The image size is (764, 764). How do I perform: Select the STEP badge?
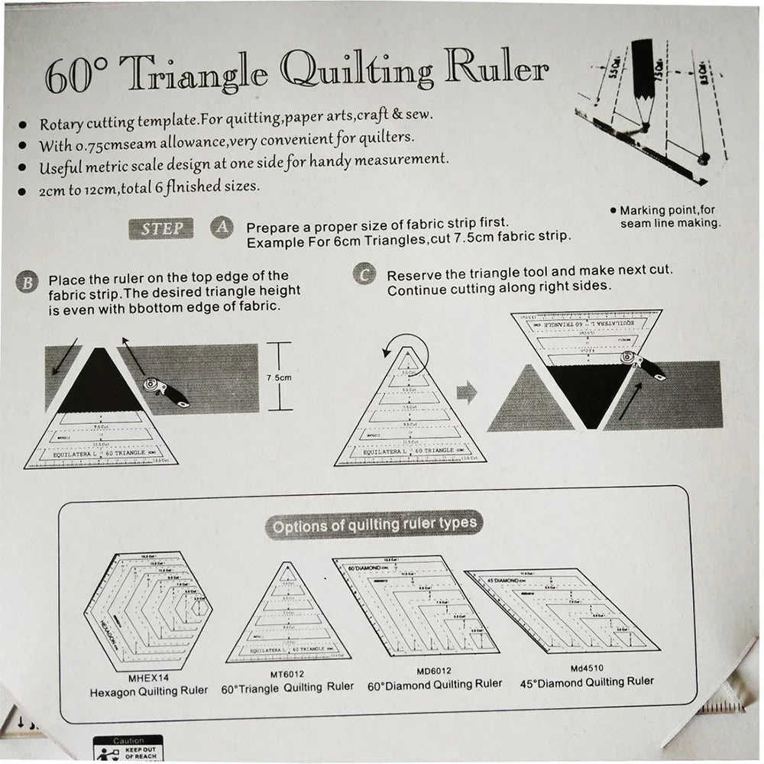[162, 228]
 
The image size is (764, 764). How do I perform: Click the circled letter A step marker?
[222, 228]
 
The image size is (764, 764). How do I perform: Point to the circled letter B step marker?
[27, 283]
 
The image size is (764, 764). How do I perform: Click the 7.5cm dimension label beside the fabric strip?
[280, 377]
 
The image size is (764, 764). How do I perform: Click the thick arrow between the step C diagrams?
[466, 393]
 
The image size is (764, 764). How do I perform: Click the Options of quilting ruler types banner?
[374, 525]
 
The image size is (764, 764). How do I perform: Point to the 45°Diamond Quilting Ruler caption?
[586, 681]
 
